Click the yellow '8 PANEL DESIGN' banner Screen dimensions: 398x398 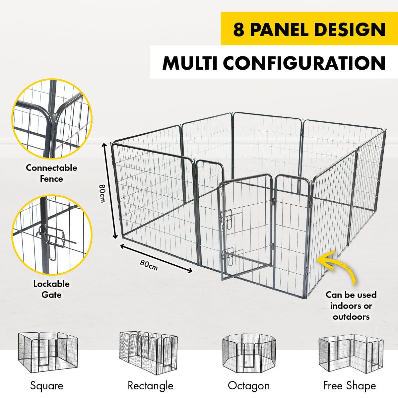point(309,29)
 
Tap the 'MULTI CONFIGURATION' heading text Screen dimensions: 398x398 point(274,63)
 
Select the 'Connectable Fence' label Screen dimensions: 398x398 point(51,173)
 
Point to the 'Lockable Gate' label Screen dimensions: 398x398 point(51,289)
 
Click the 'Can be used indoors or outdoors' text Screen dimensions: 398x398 point(351,305)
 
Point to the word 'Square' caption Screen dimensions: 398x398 point(47,386)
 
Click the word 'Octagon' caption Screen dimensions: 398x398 point(249,386)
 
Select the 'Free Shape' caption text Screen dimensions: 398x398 point(350,386)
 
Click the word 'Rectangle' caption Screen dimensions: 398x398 point(150,386)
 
